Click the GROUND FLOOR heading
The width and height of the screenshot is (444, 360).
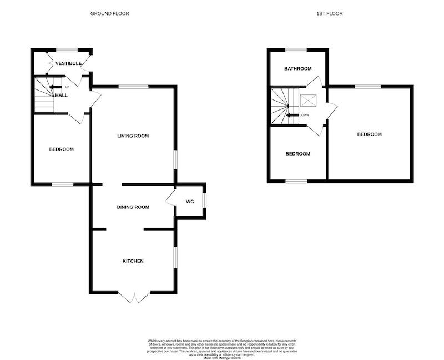[x=109, y=13]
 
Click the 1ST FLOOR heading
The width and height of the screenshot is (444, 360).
[x=330, y=13]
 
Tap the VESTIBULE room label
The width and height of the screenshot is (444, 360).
[x=68, y=63]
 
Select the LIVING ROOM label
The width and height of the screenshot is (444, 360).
[x=133, y=136]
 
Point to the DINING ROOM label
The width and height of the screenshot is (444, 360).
[x=133, y=207]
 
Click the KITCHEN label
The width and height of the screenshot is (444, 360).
[x=133, y=261]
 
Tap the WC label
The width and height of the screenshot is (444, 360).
[x=190, y=202]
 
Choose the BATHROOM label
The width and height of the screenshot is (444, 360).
[x=298, y=68]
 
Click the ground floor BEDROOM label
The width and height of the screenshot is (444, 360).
[x=62, y=149]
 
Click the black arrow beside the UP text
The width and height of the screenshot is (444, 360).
[x=56, y=87]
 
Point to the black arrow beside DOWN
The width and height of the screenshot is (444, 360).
[x=292, y=116]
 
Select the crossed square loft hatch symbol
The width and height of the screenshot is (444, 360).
[x=308, y=101]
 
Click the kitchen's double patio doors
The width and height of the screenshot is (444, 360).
[x=134, y=297]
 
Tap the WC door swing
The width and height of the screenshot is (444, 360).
[x=170, y=197]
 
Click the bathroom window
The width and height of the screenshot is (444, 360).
[x=296, y=51]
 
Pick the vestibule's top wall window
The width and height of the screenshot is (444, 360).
[x=67, y=51]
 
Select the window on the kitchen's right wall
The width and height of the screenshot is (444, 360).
[x=175, y=257]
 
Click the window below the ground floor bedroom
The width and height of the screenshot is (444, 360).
[x=63, y=184]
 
